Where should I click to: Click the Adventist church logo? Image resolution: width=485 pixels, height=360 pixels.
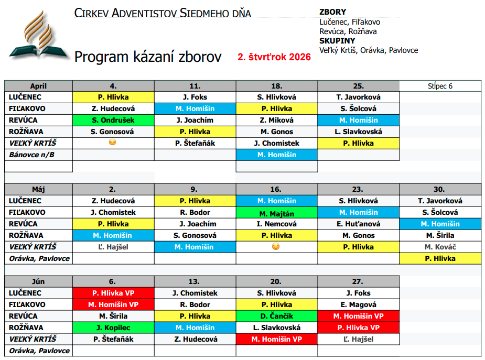tap(36, 35)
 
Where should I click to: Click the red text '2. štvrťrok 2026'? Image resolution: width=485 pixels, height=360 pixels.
tap(274, 57)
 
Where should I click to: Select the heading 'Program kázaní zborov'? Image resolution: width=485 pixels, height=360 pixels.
tap(148, 57)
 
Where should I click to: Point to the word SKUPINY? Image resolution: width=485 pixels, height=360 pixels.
tap(337, 41)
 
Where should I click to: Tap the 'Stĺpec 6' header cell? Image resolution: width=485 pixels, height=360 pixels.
tap(440, 86)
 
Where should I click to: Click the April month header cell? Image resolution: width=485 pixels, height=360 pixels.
tap(39, 86)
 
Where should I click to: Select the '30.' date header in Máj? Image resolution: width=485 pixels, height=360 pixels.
tap(440, 189)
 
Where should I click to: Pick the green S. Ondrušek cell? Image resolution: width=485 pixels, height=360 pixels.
tap(114, 120)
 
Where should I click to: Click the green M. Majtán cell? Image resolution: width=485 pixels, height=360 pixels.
tap(276, 213)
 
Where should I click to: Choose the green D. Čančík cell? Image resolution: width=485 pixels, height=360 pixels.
tap(276, 316)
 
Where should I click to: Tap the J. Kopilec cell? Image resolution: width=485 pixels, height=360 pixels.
tap(114, 328)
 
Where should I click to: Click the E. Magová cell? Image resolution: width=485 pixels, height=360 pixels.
tap(358, 304)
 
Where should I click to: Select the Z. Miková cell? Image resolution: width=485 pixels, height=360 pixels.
tap(276, 120)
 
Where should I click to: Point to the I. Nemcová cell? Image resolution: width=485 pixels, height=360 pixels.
tap(276, 224)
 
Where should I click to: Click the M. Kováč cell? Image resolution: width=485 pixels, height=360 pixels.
tap(440, 247)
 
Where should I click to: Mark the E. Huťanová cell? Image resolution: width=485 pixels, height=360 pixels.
tap(358, 224)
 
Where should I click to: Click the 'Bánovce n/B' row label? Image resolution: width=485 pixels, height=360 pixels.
tap(33, 155)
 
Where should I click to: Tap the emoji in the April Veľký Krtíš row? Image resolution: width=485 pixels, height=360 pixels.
tap(114, 143)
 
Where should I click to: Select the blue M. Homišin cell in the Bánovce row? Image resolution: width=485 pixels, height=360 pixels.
tap(276, 155)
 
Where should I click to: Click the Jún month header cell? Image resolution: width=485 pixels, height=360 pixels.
tap(39, 281)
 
